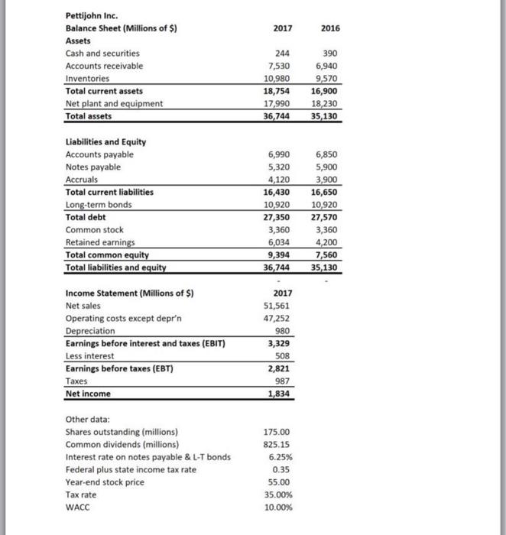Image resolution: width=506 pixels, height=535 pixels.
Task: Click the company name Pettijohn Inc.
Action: click(x=92, y=16)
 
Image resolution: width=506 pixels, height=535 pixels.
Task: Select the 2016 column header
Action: click(x=330, y=28)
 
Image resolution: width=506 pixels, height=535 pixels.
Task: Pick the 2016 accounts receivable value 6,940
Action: click(x=328, y=66)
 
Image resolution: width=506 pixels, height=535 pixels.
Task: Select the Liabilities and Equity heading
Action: click(x=105, y=141)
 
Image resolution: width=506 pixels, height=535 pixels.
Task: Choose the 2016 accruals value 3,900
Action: click(x=328, y=179)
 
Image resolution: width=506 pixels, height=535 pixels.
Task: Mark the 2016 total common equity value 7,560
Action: click(x=328, y=255)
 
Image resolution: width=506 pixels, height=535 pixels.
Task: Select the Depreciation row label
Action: click(x=90, y=331)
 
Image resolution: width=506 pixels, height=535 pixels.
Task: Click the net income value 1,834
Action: click(x=277, y=394)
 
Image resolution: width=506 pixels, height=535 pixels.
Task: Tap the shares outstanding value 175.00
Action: click(x=277, y=432)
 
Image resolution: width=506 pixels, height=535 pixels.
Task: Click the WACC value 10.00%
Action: click(x=276, y=507)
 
